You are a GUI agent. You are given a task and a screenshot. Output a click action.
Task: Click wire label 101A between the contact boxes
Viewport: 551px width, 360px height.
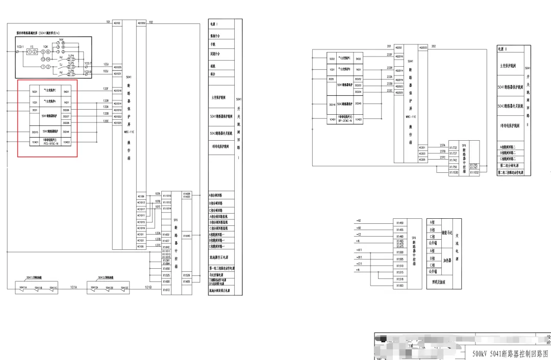(x=74, y=288)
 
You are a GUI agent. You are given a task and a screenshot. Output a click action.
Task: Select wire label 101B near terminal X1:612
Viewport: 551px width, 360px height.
(x=147, y=288)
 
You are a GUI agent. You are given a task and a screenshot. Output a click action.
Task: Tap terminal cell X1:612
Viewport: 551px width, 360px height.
(x=166, y=290)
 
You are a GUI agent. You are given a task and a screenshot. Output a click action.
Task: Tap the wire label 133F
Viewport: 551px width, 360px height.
(x=106, y=89)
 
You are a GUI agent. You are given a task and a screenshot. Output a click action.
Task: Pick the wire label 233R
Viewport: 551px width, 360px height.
(x=390, y=67)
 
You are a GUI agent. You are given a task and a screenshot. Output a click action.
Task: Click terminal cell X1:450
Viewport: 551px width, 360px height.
(x=399, y=223)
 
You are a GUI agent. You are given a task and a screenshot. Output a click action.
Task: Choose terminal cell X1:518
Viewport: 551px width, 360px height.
(x=399, y=279)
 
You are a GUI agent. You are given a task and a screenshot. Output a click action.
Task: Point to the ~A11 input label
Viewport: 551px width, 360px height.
(x=359, y=250)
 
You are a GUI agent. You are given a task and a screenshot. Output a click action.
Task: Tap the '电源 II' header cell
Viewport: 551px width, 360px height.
(x=503, y=49)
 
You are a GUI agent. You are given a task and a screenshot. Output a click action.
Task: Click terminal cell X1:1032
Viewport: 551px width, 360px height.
(x=473, y=173)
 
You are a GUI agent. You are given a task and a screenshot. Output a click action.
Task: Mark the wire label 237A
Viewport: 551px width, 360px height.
(x=442, y=145)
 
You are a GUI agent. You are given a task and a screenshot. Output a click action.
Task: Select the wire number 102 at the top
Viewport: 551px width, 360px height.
(x=151, y=22)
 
